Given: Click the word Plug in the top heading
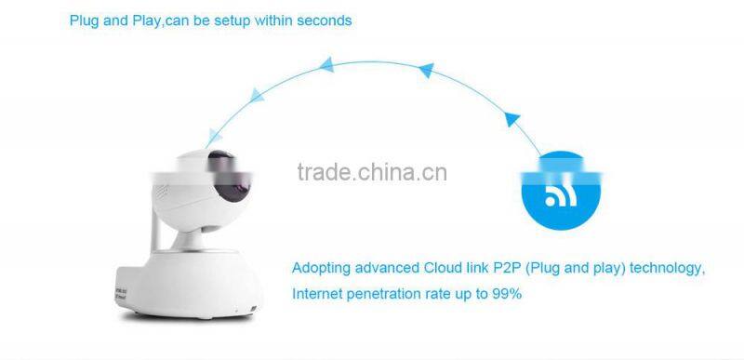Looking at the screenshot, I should click(84, 20).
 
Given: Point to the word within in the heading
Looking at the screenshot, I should click(273, 20).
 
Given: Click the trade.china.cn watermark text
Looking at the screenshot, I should click(371, 172).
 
